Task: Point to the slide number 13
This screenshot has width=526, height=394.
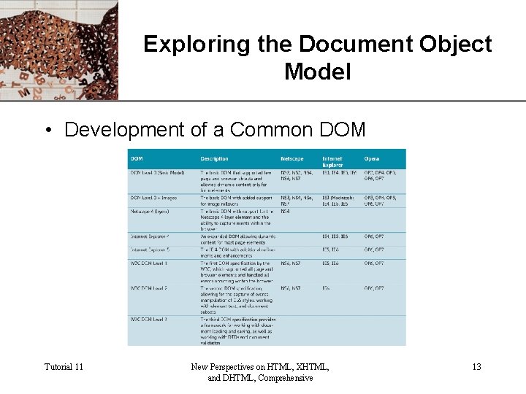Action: point(476,367)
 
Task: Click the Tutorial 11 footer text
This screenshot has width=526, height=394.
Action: point(64,367)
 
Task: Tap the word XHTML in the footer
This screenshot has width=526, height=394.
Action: point(306,367)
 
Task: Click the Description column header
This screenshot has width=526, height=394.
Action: point(214,158)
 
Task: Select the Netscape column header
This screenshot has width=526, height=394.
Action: point(293,158)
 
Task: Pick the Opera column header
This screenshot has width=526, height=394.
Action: point(372,158)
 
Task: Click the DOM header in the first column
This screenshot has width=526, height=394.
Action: point(137,158)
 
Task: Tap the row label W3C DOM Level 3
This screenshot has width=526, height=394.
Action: point(150,320)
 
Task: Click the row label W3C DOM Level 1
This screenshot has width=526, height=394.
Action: point(150,262)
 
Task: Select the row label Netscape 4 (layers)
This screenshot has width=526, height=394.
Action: point(150,212)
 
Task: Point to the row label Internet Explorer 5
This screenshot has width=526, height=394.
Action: point(150,250)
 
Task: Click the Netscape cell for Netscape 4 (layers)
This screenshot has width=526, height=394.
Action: point(286,212)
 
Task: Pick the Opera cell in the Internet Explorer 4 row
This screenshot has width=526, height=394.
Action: point(374,236)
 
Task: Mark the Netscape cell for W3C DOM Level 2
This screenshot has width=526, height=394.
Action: point(291,288)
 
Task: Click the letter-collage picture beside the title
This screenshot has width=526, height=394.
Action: point(58,50)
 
